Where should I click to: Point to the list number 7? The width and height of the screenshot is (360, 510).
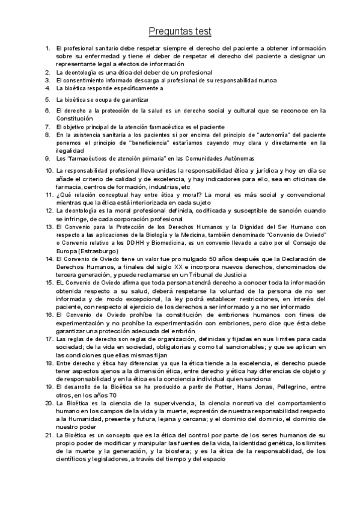pyautogui.click(x=47, y=127)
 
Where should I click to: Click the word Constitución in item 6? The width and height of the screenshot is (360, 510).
pyautogui.click(x=75, y=119)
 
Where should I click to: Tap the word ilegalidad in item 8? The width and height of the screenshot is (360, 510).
pyautogui.click(x=69, y=151)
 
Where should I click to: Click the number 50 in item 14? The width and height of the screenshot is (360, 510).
pyautogui.click(x=212, y=258)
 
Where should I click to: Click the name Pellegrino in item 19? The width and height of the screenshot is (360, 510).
pyautogui.click(x=293, y=387)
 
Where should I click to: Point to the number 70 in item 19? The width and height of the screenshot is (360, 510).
pyautogui.click(x=112, y=395)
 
